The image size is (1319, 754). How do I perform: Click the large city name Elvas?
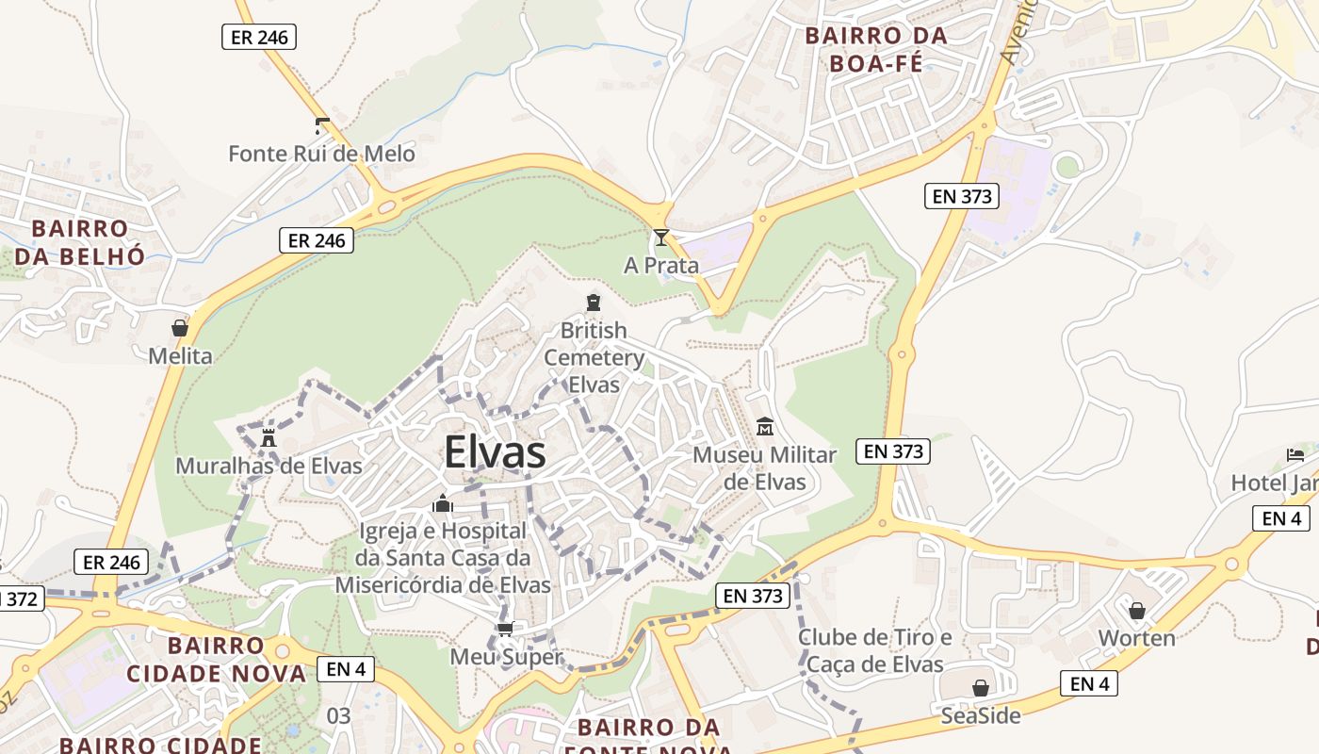click(495, 452)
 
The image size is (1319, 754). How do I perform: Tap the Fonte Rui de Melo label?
click(321, 153)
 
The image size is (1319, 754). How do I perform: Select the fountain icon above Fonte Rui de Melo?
click(322, 124)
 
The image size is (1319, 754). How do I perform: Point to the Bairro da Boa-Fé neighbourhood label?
click(874, 50)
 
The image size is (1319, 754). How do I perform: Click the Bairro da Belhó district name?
click(80, 242)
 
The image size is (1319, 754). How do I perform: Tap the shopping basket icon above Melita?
click(180, 329)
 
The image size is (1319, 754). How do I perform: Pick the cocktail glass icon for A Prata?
click(661, 238)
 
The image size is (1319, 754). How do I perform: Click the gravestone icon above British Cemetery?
click(593, 303)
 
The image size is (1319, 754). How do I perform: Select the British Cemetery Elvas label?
click(594, 357)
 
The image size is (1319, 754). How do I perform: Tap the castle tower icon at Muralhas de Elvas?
click(269, 437)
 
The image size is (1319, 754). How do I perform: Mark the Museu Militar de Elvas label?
click(764, 468)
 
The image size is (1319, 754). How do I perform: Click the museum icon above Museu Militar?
click(764, 428)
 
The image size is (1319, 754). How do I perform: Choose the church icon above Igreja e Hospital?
click(443, 504)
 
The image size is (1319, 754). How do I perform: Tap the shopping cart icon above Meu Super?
click(506, 630)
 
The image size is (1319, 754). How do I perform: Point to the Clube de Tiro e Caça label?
click(875, 651)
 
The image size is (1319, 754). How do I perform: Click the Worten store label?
click(1136, 638)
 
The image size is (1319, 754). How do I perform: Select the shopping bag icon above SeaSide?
click(981, 688)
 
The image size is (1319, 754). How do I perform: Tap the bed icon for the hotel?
click(1295, 455)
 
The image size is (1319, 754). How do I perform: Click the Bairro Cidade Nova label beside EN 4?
click(216, 660)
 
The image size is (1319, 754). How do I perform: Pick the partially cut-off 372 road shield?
click(21, 598)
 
